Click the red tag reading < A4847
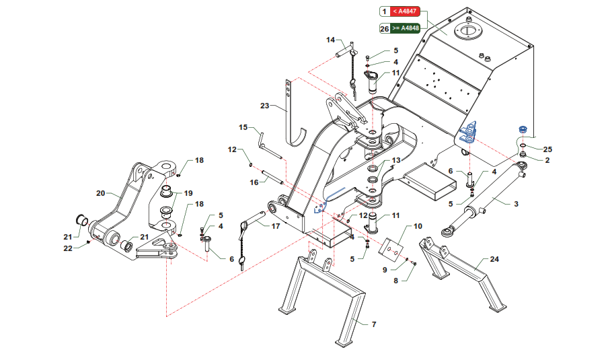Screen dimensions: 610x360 pos(405,11)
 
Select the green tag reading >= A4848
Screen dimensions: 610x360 pos(405,28)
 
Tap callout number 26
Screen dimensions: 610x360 pos(385,28)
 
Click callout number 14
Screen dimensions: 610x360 pos(330,40)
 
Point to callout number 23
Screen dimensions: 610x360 pos(264,106)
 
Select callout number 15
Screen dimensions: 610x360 pos(243,127)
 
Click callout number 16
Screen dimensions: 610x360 pos(254,182)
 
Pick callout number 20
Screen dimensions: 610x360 pos(101,193)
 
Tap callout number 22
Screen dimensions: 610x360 pos(68,248)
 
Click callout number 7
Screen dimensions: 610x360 pos(374,324)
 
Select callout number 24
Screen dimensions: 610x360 pos(494,259)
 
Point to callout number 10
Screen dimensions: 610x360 pos(418,226)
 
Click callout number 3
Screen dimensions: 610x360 pos(516,203)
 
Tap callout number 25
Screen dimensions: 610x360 pos(547,149)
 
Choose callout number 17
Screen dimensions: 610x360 pos(276,226)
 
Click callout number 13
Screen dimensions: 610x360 pos(396,160)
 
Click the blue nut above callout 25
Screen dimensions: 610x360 pos(523,129)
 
